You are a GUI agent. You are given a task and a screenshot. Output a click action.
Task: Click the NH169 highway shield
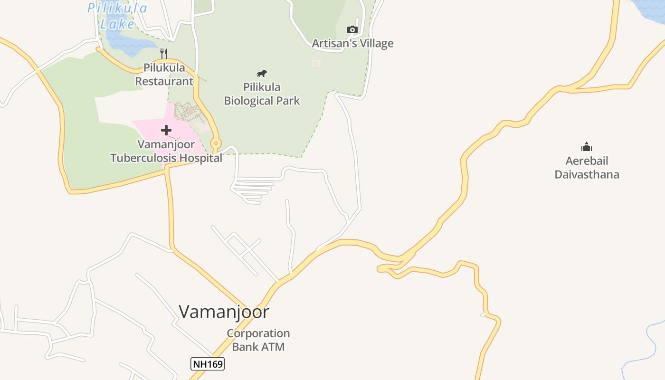tap(208, 364)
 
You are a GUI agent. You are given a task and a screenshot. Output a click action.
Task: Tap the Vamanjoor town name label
tap(224, 312)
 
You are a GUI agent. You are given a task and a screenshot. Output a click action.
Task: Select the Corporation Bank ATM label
tap(258, 340)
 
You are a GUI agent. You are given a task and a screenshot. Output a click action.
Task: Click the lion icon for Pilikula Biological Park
tap(261, 73)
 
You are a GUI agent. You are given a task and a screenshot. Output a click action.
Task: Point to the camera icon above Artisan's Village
tap(352, 29)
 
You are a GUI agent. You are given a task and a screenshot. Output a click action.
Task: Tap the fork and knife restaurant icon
tap(164, 53)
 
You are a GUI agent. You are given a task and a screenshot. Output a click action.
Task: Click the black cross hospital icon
tap(166, 130)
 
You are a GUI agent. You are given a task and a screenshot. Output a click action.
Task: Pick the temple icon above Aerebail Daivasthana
tap(587, 147)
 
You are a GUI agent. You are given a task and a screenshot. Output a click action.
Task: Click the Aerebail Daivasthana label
tap(587, 168)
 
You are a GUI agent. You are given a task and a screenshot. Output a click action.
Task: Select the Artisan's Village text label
tap(352, 43)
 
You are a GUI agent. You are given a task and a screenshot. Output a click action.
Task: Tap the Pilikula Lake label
tap(117, 16)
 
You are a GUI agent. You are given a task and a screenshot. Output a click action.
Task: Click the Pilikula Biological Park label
tap(262, 94)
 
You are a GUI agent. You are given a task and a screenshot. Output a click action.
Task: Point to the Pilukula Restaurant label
tap(164, 75)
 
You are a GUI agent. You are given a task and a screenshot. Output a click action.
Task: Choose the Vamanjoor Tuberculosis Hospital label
tap(166, 151)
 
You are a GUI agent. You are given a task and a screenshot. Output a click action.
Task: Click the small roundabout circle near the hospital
tap(216, 142)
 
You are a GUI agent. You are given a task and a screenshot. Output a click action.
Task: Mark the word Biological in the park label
tap(247, 101)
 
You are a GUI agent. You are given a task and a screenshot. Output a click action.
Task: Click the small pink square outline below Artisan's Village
tap(316, 63)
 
